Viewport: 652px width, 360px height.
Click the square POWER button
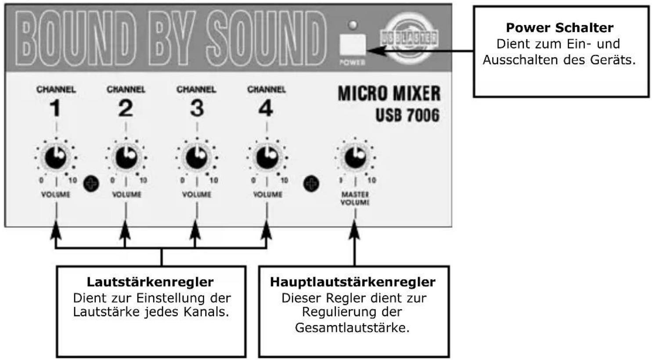click(x=352, y=44)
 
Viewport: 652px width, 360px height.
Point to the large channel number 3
click(x=197, y=108)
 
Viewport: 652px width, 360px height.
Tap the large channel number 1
click(x=55, y=108)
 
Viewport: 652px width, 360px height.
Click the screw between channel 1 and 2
click(x=91, y=183)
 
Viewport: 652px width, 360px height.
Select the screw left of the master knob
click(x=311, y=183)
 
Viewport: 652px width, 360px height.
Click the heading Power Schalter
click(x=559, y=28)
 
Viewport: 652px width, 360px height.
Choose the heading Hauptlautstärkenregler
click(x=353, y=282)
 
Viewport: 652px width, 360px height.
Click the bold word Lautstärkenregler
click(x=150, y=282)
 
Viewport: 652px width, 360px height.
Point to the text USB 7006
click(x=407, y=115)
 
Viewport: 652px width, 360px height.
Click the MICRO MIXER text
click(x=389, y=94)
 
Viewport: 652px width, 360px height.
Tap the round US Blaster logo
click(x=408, y=38)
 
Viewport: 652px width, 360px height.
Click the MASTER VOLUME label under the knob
click(x=355, y=198)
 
